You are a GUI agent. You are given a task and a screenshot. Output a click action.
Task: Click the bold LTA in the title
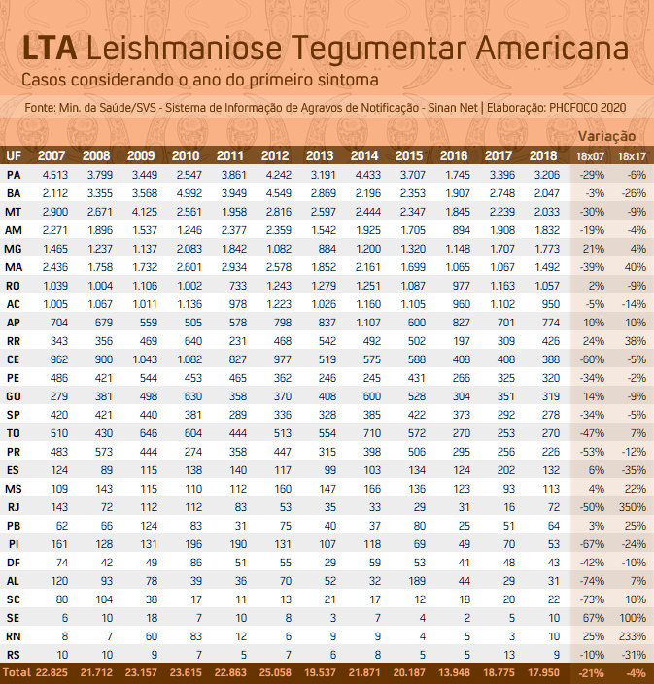pyautogui.click(x=50, y=48)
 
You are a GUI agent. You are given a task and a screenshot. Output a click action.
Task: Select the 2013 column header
pyautogui.click(x=320, y=155)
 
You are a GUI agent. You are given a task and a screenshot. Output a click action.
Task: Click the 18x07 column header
pyautogui.click(x=590, y=156)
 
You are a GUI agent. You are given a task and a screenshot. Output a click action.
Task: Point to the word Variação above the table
pyautogui.click(x=607, y=136)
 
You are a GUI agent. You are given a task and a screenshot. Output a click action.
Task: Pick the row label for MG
pyautogui.click(x=13, y=249)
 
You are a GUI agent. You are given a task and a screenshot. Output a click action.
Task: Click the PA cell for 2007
pyautogui.click(x=55, y=175)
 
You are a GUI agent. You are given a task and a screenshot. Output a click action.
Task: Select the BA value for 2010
pyautogui.click(x=189, y=193)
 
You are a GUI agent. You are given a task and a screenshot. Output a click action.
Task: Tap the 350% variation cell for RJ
pyautogui.click(x=633, y=507)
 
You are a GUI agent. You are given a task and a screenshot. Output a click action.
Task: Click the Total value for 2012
pyautogui.click(x=275, y=672)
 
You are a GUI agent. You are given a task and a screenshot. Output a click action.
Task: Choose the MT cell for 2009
pyautogui.click(x=145, y=212)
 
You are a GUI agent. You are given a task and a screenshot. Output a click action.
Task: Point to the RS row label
pyautogui.click(x=14, y=655)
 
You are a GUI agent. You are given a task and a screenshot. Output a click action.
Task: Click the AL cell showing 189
pyautogui.click(x=417, y=581)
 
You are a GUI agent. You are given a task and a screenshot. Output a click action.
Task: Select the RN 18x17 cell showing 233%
pyautogui.click(x=633, y=636)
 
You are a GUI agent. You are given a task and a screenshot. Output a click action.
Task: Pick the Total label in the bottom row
pyautogui.click(x=17, y=672)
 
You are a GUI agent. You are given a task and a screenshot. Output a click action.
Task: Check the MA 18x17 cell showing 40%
pyautogui.click(x=636, y=267)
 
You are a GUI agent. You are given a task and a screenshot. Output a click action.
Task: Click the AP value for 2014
pyautogui.click(x=368, y=323)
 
